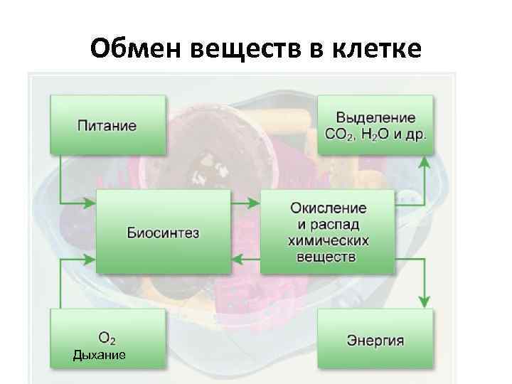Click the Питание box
107,125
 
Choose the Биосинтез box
164,232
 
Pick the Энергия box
375,339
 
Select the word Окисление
329,208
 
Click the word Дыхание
100,354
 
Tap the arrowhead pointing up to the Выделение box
425,161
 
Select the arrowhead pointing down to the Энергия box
425,302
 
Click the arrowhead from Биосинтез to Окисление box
255,204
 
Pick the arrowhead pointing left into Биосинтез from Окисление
238,258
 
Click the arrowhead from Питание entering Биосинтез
90,204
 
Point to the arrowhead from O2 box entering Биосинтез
90,258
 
